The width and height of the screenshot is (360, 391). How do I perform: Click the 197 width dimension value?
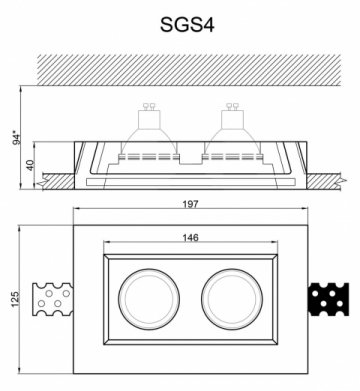(x=190, y=204)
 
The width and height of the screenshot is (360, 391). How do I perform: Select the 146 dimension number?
(x=190, y=238)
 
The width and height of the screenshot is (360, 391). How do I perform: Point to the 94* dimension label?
(x=14, y=137)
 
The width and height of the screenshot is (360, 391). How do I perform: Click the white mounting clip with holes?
(x=52, y=299)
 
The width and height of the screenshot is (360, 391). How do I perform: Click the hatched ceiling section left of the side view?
(x=58, y=180)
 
